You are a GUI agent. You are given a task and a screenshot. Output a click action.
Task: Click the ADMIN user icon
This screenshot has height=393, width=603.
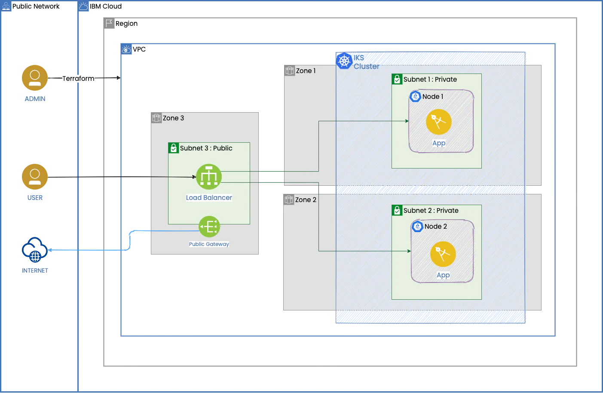tap(34, 78)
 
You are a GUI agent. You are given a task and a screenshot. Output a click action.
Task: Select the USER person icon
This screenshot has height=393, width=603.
tap(34, 176)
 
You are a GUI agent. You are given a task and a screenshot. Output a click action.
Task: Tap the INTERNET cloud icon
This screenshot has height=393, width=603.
tap(34, 249)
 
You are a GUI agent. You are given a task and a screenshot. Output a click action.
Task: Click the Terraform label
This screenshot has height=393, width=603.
tap(79, 78)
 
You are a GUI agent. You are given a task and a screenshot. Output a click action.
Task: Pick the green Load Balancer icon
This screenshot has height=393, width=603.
tap(209, 177)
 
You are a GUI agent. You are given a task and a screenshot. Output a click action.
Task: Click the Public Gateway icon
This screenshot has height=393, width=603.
tap(209, 227)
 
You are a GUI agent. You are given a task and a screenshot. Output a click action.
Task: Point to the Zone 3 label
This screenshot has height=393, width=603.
tap(173, 118)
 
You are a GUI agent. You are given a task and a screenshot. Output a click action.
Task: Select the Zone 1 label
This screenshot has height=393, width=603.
tap(306, 71)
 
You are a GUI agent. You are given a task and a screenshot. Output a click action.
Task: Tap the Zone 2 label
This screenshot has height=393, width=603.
tap(306, 200)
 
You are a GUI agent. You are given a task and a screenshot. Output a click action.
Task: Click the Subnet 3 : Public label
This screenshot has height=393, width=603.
tap(206, 148)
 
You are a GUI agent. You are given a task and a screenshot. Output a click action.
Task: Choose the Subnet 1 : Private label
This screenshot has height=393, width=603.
tap(430, 80)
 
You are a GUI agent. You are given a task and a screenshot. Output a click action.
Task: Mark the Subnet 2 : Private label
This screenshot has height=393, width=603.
tap(431, 211)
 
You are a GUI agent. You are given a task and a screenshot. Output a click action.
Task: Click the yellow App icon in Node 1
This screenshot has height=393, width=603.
tap(438, 122)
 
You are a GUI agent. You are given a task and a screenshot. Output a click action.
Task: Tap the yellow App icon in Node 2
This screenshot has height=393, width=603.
tap(443, 254)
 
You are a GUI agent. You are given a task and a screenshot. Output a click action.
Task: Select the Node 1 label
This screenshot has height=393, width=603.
tap(432, 97)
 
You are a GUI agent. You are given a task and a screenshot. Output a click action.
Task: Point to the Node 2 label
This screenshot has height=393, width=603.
tap(435, 227)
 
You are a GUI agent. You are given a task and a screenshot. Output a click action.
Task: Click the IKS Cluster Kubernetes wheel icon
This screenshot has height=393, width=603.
tap(344, 61)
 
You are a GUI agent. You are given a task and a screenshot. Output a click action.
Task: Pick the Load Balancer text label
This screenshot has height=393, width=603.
tap(209, 198)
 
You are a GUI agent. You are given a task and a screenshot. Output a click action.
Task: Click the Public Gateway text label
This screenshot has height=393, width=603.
tap(209, 244)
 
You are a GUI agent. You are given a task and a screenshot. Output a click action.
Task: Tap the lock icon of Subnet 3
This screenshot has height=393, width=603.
tap(173, 148)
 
